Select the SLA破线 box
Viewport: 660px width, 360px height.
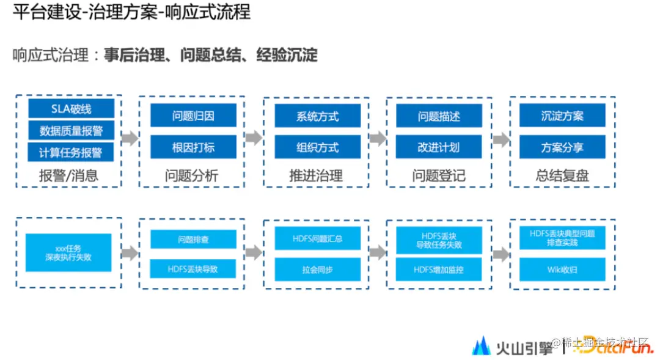[x=71, y=109]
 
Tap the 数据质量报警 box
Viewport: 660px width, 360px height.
[x=71, y=131]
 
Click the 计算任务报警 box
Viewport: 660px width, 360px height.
[x=71, y=152]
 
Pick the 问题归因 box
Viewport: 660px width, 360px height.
[x=193, y=116]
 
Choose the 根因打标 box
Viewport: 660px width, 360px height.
[x=193, y=147]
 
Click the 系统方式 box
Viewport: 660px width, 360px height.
[x=317, y=116]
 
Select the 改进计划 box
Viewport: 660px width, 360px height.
[x=439, y=147]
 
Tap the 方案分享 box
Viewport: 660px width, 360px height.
[x=562, y=147]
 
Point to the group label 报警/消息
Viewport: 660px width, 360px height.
[x=68, y=176]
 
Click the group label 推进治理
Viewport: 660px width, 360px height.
[x=316, y=176]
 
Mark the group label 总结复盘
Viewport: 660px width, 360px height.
[x=562, y=176]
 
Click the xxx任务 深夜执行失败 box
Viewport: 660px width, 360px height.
[x=68, y=252]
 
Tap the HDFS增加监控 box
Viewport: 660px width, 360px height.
[x=439, y=270]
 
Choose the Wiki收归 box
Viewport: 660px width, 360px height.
[x=562, y=270]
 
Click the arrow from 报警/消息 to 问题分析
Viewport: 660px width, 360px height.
[x=130, y=139]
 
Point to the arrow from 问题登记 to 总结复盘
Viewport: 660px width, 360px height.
[x=501, y=140]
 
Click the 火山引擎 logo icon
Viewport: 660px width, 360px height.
[x=481, y=346]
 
